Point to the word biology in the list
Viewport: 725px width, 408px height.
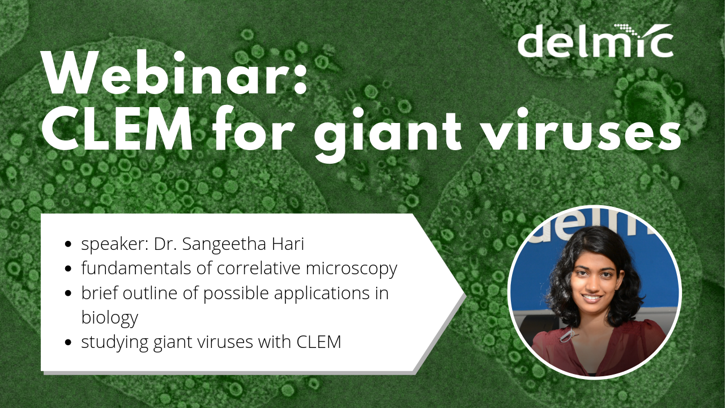[x=109, y=318]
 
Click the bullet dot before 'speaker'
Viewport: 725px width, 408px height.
[x=69, y=245]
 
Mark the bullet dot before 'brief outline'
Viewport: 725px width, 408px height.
[x=69, y=294]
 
